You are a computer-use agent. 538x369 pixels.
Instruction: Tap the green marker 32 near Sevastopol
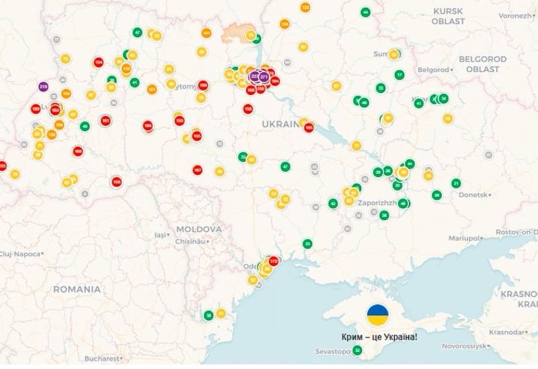point(357,350)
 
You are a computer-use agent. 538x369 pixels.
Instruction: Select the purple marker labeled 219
point(44,87)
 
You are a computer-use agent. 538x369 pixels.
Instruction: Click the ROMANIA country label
point(78,289)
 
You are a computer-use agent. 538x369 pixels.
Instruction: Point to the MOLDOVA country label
point(198,229)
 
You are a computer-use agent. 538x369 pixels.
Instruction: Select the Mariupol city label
point(462,238)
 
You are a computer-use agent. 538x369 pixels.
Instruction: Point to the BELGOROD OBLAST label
point(482,64)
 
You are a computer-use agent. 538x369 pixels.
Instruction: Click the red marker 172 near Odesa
point(273,261)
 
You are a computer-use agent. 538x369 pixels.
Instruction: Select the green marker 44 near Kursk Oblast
point(365,12)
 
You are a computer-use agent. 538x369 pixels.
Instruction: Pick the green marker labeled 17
point(399,75)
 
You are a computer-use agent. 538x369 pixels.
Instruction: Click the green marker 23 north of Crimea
point(307,244)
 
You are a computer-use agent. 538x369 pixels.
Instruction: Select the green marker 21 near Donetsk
point(456,183)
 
